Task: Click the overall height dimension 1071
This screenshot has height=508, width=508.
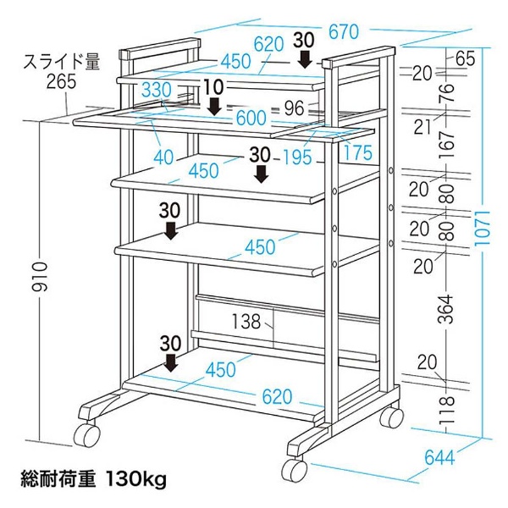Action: [482, 228]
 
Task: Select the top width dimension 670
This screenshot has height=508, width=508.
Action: [344, 32]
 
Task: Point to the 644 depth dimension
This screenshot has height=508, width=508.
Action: [439, 458]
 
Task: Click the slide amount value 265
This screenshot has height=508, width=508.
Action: [61, 81]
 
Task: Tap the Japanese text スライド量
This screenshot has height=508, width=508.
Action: [62, 62]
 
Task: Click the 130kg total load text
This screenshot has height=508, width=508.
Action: [135, 479]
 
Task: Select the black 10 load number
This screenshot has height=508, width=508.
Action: [214, 87]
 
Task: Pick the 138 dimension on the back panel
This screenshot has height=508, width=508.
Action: [246, 322]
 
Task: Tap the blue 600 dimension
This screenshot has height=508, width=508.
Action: [251, 118]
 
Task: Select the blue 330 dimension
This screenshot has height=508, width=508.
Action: [157, 90]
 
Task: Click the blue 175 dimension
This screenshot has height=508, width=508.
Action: [357, 152]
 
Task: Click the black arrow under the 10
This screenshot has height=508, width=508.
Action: [214, 107]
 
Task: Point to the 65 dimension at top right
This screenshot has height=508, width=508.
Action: [465, 58]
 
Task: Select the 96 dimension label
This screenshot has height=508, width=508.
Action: [294, 108]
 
